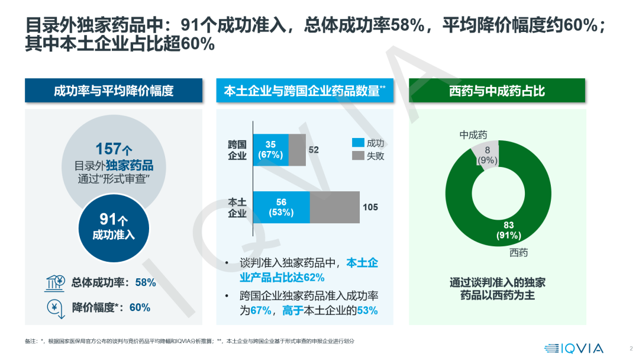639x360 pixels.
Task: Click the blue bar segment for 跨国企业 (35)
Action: coord(270,150)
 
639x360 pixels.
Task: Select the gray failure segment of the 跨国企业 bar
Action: coord(297,150)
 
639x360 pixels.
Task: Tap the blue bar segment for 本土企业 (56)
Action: coord(281,207)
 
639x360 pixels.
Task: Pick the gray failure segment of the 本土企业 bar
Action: coord(334,207)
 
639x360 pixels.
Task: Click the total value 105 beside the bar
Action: coord(370,207)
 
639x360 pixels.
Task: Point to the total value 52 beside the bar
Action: coord(314,150)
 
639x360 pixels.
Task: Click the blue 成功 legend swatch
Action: coord(358,143)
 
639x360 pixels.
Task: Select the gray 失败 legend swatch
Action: coord(358,156)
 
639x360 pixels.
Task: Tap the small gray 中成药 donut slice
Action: coord(488,155)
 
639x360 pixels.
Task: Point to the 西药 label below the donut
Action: coord(518,253)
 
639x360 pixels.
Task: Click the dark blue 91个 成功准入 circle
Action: coord(114,227)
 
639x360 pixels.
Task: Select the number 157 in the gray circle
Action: coord(108,149)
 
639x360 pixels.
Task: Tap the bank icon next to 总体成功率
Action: coord(54,282)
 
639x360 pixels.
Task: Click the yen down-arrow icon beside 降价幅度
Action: coord(54,308)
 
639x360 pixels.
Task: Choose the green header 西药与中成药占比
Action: coord(497,91)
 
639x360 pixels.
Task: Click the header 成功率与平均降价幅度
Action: coord(113,91)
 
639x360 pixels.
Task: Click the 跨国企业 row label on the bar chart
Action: coord(237,150)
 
